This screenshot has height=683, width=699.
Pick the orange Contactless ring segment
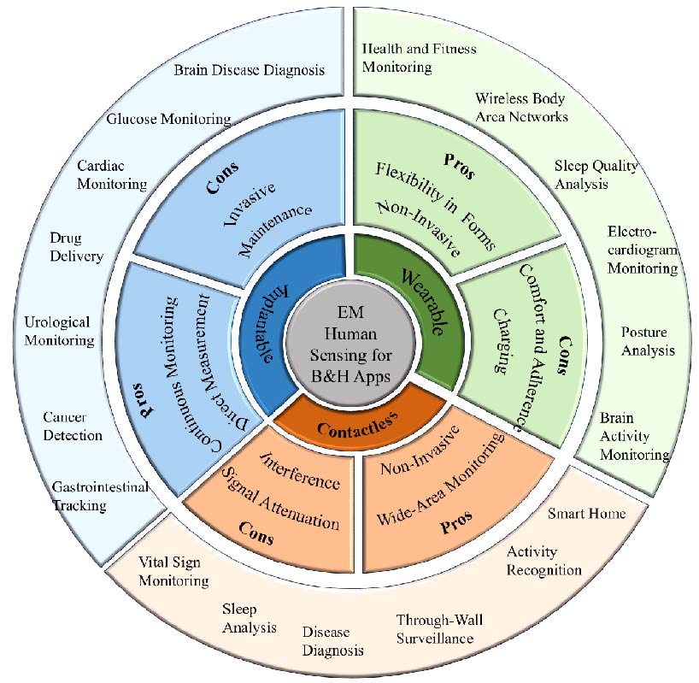click(352, 424)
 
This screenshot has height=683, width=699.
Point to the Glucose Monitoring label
click(168, 119)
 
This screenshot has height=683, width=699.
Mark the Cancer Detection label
click(73, 426)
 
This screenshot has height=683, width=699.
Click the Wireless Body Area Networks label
click(521, 107)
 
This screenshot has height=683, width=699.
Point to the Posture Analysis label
click(648, 340)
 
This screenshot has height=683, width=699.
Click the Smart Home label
click(586, 514)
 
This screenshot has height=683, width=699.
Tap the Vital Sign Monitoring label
click(173, 571)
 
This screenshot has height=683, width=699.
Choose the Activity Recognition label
click(543, 561)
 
